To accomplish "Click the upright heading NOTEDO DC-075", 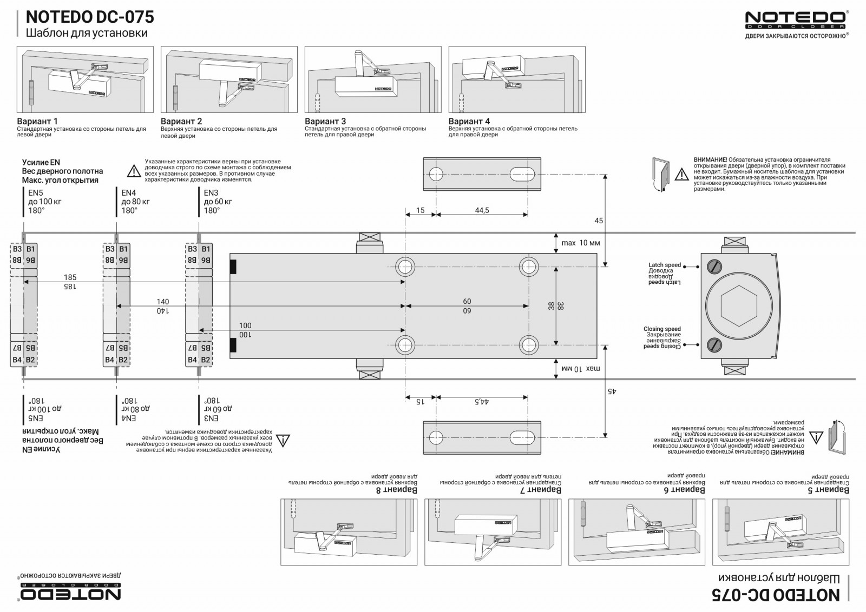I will coord(90,17).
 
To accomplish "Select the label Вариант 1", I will coord(37,122).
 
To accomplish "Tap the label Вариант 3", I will coord(325,122).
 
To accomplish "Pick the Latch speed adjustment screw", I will coord(716,267).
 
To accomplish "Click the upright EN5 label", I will coord(36,192).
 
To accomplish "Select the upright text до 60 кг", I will coord(218,202).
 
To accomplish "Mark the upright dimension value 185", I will coord(70,277).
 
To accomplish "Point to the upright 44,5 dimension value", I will coord(482,210).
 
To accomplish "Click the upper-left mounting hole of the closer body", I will coord(405,267).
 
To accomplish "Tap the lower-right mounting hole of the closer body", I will coord(529,344).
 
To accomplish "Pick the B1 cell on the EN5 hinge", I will coord(31,249).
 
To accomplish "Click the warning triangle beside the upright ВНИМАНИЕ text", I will coord(680,174).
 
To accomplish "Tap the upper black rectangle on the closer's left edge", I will coord(233,267).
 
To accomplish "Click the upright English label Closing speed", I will coord(662,329).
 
